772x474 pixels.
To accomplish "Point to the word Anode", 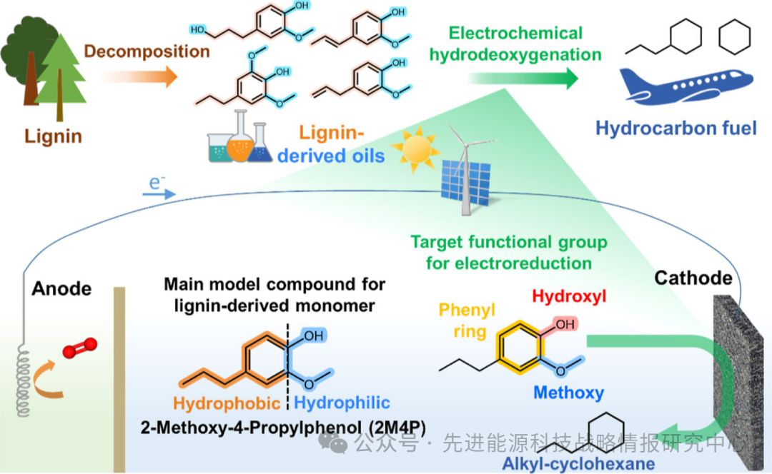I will [x=61, y=288].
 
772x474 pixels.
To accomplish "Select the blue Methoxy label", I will [x=568, y=392].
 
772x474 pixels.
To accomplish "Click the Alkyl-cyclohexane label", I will [x=578, y=464].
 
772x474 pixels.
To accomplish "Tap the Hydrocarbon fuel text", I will [x=675, y=128].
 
